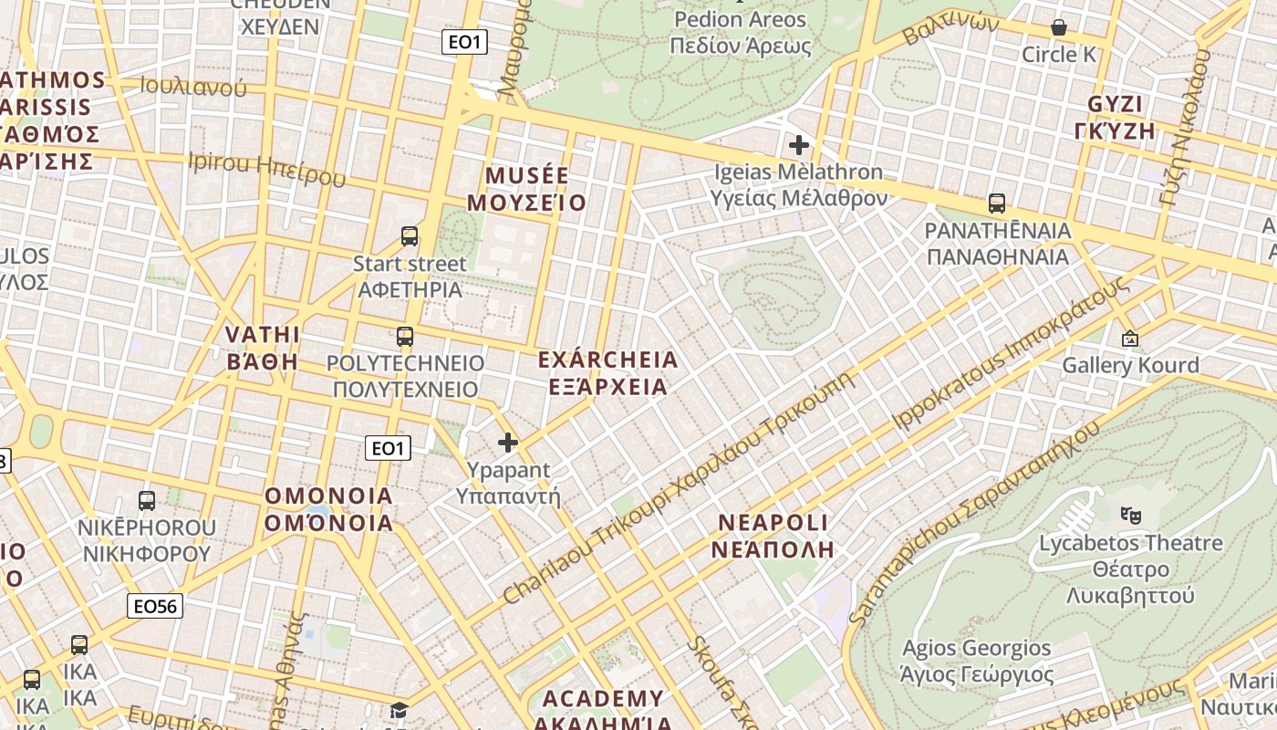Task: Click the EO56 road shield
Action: click(x=155, y=606)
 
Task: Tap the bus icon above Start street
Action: click(x=410, y=236)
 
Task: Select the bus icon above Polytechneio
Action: click(x=405, y=337)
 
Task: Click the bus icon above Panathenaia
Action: click(x=997, y=203)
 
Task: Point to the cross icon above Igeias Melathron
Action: click(x=799, y=145)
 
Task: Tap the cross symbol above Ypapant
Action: click(x=508, y=443)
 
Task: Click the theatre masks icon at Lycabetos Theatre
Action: click(x=1131, y=516)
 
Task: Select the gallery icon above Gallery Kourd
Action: click(x=1130, y=339)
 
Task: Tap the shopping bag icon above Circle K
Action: click(x=1059, y=28)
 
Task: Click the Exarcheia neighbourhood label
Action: click(x=608, y=372)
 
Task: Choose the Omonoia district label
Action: click(x=329, y=509)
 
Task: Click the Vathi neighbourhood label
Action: click(x=263, y=347)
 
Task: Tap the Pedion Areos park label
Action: click(x=740, y=32)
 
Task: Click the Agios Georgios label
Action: click(x=976, y=662)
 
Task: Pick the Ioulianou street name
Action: click(x=193, y=87)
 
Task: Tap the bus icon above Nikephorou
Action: click(x=147, y=501)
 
